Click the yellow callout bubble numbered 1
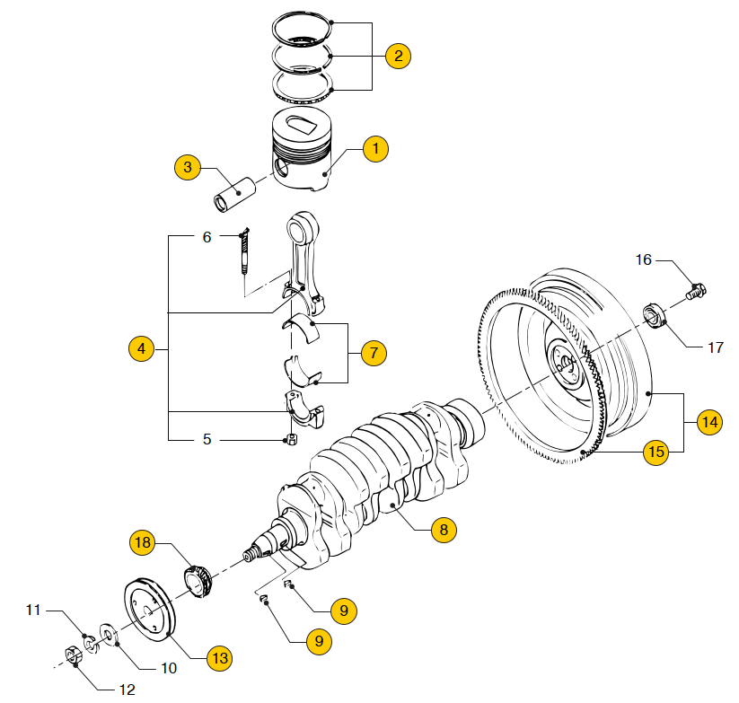375,149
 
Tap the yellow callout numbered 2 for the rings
399,56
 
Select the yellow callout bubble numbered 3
188,167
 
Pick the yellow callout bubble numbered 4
141,348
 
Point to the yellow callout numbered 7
374,353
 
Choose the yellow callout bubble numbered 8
444,530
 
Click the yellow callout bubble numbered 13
220,658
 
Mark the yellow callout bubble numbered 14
709,422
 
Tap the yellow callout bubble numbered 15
656,453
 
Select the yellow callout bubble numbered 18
143,542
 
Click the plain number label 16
643,259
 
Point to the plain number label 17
716,347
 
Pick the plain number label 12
128,690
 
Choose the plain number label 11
33,611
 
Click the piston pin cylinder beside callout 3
234,195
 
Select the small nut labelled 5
292,440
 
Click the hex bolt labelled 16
696,291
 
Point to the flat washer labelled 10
109,635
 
